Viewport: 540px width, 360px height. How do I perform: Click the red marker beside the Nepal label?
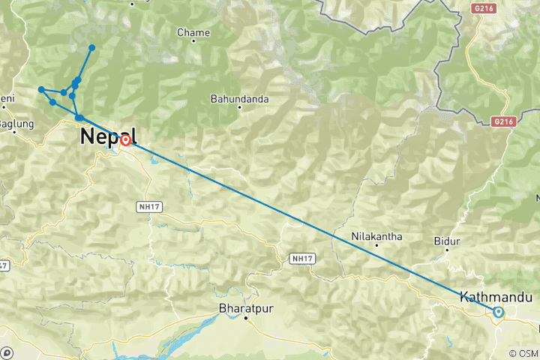(x=125, y=139)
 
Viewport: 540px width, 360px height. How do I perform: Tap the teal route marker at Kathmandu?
(x=498, y=312)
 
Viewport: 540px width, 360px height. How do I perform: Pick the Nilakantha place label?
(x=377, y=237)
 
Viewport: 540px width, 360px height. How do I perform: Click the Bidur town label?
(x=445, y=241)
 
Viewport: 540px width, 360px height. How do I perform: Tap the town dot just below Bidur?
(x=447, y=251)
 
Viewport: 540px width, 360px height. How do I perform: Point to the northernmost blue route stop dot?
(x=92, y=48)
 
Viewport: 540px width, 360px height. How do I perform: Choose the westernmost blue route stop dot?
(x=41, y=90)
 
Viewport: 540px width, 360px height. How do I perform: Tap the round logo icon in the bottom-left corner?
(x=7, y=352)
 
